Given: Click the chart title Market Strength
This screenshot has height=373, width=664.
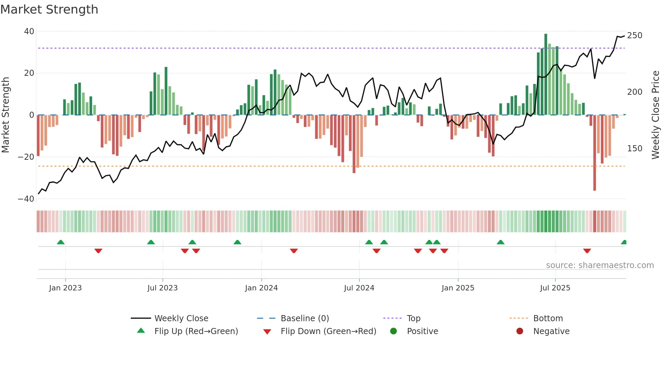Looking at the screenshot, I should point(49,9).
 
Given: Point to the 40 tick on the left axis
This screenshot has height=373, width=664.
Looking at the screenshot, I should point(29,31).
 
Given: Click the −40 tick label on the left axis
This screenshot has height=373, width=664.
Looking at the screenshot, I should point(26,199).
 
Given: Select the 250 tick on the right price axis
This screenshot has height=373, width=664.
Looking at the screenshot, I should point(635,36).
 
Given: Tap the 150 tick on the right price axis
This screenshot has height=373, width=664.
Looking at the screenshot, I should point(635,149).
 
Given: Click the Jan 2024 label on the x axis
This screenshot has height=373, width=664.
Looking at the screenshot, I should point(261,288).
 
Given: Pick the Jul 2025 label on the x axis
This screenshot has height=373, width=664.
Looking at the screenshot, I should point(555,288).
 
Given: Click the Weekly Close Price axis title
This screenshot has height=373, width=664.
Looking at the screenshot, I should point(655,115).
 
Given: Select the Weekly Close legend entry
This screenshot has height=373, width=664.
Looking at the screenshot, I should point(181,319).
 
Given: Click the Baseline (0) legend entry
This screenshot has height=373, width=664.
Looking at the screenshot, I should point(305,319).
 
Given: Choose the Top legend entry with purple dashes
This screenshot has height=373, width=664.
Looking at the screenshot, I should point(413,319).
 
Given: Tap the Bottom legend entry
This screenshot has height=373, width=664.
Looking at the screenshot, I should point(548,319).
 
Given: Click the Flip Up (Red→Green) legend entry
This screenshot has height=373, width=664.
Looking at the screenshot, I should point(196,331).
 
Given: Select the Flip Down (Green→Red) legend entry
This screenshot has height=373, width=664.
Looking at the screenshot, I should point(328,331).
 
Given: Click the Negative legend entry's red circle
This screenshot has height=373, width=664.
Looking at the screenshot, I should point(520,331).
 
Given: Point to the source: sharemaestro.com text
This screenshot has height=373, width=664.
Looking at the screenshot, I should point(600,265).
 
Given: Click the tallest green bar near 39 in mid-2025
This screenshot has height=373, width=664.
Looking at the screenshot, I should point(546,74).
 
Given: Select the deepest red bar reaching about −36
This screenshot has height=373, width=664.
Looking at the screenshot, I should point(595,152).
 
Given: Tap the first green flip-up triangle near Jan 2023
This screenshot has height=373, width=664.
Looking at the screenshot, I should point(61,242).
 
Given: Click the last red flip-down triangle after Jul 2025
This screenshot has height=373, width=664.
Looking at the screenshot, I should point(587,251).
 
